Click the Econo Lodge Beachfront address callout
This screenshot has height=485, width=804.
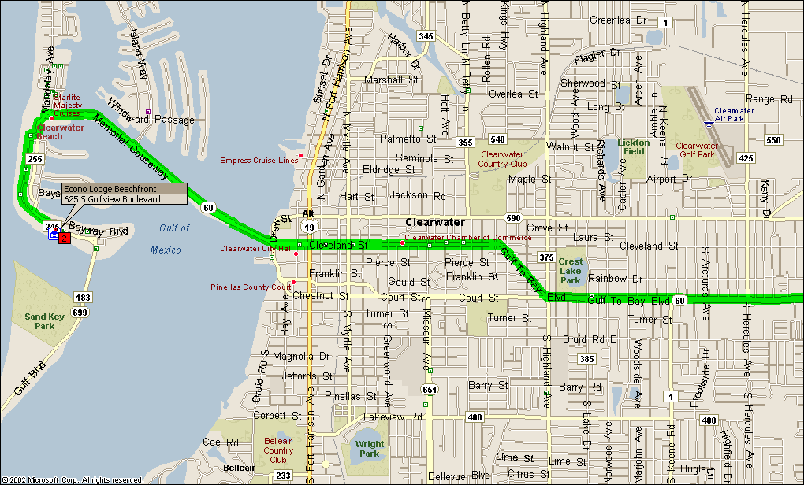124,194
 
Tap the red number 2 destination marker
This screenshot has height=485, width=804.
65,238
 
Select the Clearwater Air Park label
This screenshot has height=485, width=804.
734,115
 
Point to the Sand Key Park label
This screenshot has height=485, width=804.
39,320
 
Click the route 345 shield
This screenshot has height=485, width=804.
426,36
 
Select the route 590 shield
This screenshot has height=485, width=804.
515,217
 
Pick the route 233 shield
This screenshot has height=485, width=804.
283,476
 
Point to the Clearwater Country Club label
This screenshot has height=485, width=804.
504,160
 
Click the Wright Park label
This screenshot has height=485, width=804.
369,449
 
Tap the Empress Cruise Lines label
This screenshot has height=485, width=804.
259,160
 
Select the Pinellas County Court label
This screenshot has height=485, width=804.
250,287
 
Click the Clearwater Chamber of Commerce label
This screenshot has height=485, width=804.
456,238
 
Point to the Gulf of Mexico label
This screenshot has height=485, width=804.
170,239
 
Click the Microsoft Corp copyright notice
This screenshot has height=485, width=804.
73,479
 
